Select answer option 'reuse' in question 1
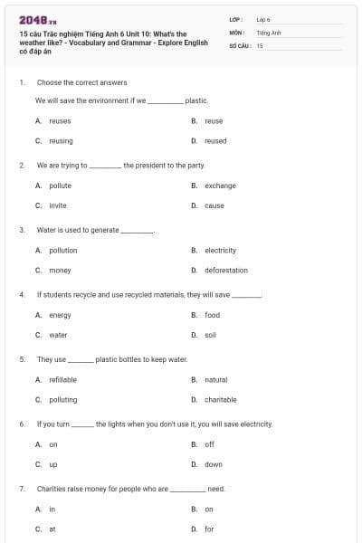214,120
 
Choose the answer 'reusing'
61,140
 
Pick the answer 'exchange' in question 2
220,186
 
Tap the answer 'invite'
58,205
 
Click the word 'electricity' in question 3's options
220,250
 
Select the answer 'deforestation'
225,270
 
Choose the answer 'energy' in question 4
60,315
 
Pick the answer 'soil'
210,335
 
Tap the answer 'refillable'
62,379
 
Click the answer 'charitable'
220,399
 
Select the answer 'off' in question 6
209,444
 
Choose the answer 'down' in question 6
213,464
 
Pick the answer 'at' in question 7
52,529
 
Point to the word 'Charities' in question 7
52,489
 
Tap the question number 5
21,359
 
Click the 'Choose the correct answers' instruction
81,82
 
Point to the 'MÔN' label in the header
236,32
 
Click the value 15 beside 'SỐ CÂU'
260,44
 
